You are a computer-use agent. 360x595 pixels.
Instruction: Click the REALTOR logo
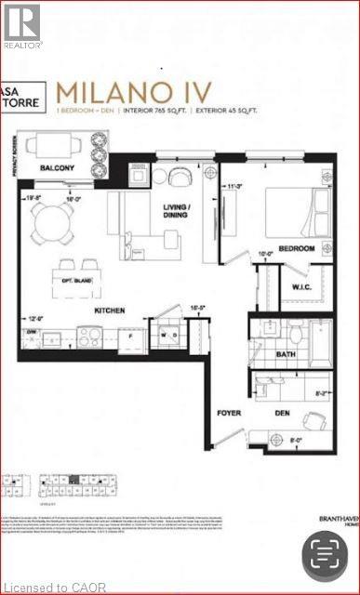pyautogui.click(x=21, y=25)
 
